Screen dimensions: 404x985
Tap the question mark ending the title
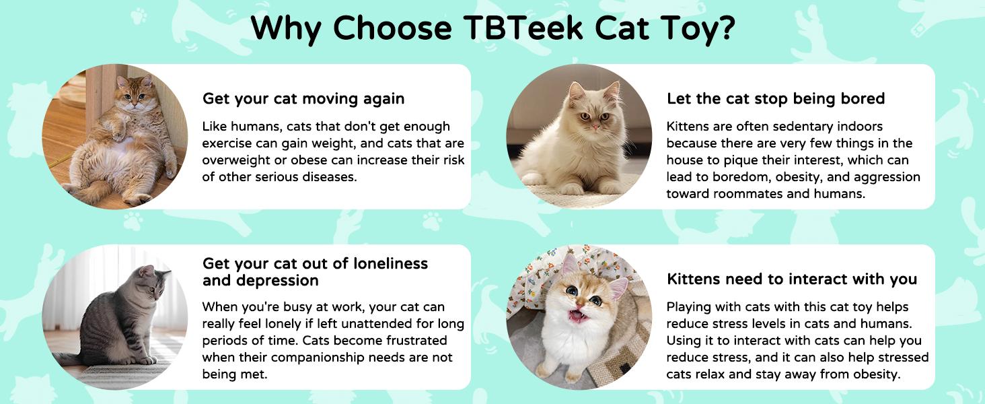pos(724,28)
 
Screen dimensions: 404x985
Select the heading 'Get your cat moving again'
pos(303,99)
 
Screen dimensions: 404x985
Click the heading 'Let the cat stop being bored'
pos(776,99)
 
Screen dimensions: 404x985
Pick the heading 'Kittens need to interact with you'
pos(792,279)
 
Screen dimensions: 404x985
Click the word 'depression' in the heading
pos(260,279)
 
